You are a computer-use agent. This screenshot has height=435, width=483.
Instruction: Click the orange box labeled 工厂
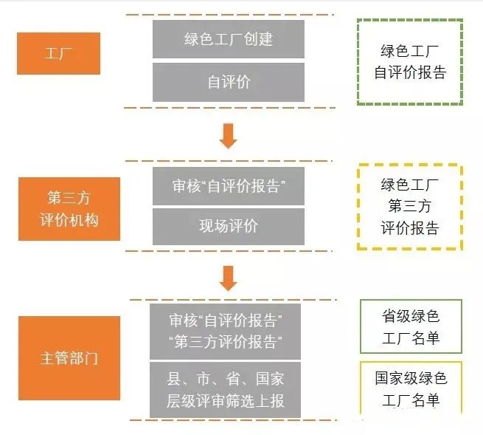pos(58,53)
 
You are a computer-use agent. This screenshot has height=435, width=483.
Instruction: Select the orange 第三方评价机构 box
pos(69,209)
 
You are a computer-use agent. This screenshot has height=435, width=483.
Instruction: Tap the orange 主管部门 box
pos(69,358)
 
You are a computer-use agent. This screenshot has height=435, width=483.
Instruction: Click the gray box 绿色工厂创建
pos(229,39)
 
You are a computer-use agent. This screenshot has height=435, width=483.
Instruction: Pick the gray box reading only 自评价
pos(229,82)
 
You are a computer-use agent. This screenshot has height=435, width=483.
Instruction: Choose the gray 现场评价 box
pos(229,227)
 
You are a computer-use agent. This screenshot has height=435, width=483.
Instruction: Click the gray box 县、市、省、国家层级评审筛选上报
pos(225,390)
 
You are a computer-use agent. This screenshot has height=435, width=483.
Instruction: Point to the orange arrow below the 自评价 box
pos(229,136)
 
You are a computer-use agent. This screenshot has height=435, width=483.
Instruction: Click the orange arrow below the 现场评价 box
pos(229,278)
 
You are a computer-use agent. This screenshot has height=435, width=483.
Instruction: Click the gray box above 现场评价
pos(229,186)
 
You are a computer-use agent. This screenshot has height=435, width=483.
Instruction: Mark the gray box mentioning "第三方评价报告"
pos(225,332)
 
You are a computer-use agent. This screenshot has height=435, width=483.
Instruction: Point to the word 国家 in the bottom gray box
pos(270,379)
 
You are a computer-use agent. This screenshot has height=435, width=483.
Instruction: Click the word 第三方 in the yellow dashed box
pos(410,206)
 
